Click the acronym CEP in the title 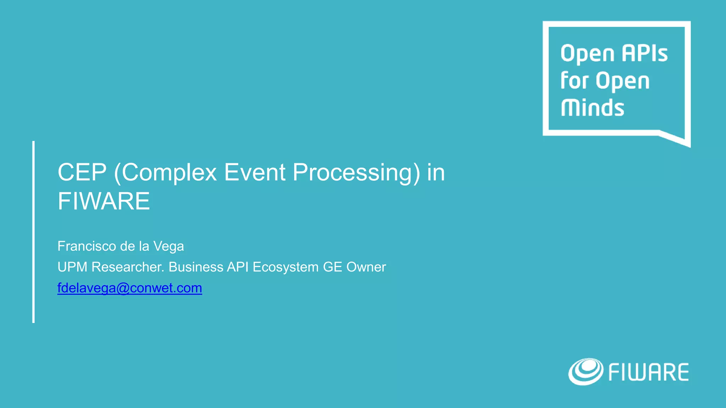82,172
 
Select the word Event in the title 255,172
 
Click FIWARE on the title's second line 104,201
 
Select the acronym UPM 72,267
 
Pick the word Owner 366,267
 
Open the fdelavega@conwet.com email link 130,288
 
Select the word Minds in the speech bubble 592,108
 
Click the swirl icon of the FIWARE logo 585,371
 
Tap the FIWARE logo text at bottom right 648,372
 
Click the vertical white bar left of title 33,232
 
